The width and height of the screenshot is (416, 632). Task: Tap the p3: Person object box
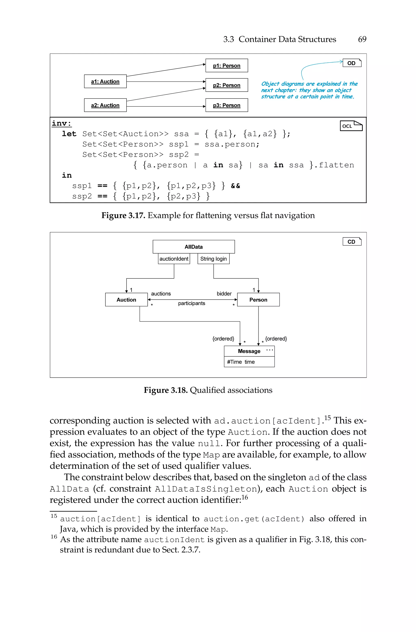pos(226,105)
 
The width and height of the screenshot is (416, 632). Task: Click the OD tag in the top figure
pos(352,63)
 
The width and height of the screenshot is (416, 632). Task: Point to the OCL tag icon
pos(351,126)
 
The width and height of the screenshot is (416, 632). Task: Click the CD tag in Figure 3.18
pos(352,242)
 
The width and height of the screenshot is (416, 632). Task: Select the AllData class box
pos(194,247)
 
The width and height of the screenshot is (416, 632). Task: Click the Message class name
pos(249,351)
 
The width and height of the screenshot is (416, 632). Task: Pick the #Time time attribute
pos(241,362)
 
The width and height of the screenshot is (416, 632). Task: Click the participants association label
pos(192,303)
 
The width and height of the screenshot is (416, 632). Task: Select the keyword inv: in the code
pos(62,124)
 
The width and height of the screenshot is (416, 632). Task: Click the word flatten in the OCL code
pos(336,165)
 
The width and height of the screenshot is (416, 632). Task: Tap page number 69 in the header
pos(362,39)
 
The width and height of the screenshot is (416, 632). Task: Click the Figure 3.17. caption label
pos(123,216)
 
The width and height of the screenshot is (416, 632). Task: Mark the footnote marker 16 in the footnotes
pos(54,537)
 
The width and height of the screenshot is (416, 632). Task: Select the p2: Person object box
pos(226,85)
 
